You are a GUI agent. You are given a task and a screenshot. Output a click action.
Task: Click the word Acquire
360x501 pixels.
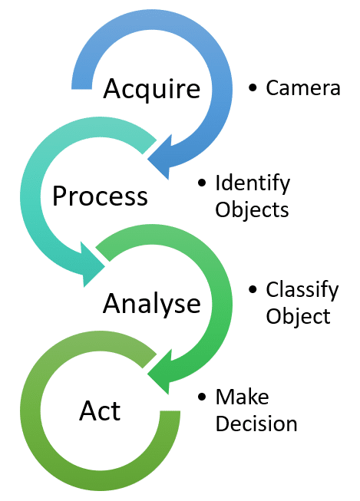[151, 89]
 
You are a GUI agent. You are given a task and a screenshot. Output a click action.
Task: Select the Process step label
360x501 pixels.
[100, 196]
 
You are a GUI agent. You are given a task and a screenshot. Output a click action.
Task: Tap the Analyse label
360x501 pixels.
[151, 304]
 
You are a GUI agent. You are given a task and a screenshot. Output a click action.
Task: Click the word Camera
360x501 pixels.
[302, 88]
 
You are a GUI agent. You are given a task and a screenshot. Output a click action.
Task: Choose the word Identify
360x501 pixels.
[253, 184]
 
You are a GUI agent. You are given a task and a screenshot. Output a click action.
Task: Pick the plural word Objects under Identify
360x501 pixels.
[252, 209]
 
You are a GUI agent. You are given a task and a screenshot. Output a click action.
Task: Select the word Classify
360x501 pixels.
[302, 291]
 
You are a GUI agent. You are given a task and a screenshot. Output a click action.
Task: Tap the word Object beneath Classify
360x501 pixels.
[298, 316]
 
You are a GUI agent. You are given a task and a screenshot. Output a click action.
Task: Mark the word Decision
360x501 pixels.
[256, 423]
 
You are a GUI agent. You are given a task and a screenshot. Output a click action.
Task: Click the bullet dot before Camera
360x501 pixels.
[253, 89]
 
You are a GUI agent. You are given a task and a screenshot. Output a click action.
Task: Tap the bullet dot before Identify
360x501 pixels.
[203, 184]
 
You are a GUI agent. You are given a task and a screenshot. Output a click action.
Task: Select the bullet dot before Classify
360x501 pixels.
[253, 291]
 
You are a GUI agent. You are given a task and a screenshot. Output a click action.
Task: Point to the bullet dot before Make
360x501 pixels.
[203, 397]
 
